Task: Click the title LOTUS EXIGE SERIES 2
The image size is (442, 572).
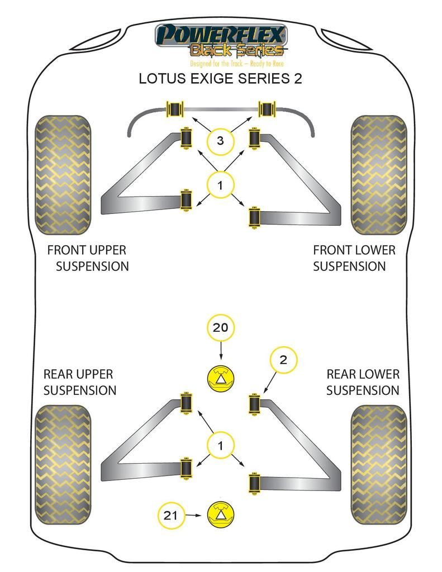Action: click(220, 79)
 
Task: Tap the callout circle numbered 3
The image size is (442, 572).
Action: click(220, 141)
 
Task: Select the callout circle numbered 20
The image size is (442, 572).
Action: click(221, 327)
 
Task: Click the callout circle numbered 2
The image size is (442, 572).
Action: click(283, 360)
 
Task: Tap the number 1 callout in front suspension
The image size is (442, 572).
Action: click(220, 185)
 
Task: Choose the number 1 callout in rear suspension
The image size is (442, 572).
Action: click(220, 446)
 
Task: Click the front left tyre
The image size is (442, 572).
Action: click(63, 175)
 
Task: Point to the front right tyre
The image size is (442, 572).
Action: click(378, 175)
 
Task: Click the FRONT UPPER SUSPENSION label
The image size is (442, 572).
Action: click(88, 258)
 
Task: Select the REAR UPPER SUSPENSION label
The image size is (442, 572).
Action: click(79, 382)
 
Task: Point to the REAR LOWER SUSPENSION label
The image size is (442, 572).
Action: click(363, 382)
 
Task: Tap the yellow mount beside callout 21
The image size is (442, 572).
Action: click(221, 515)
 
